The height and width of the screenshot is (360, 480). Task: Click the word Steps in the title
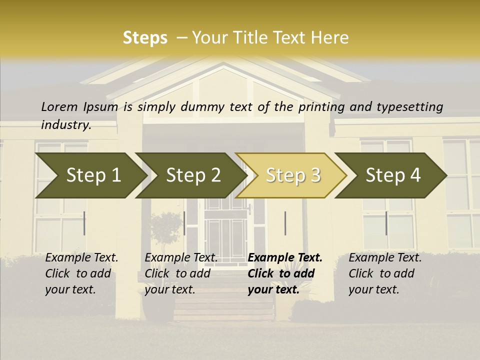[145, 38]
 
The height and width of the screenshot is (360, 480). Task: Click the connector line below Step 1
[84, 223]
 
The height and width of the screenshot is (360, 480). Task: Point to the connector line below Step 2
[184, 223]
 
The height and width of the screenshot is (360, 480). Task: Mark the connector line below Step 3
[285, 223]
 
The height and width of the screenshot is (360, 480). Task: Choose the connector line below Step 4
[386, 223]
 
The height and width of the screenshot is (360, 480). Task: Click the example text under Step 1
[81, 273]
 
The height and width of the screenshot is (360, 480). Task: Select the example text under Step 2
[181, 273]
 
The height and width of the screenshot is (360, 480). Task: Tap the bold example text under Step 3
[285, 273]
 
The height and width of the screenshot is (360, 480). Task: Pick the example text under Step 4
[385, 273]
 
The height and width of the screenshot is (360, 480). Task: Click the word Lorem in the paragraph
[59, 107]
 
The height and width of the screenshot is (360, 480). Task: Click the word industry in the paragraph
[66, 125]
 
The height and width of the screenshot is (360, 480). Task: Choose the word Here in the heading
[330, 38]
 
